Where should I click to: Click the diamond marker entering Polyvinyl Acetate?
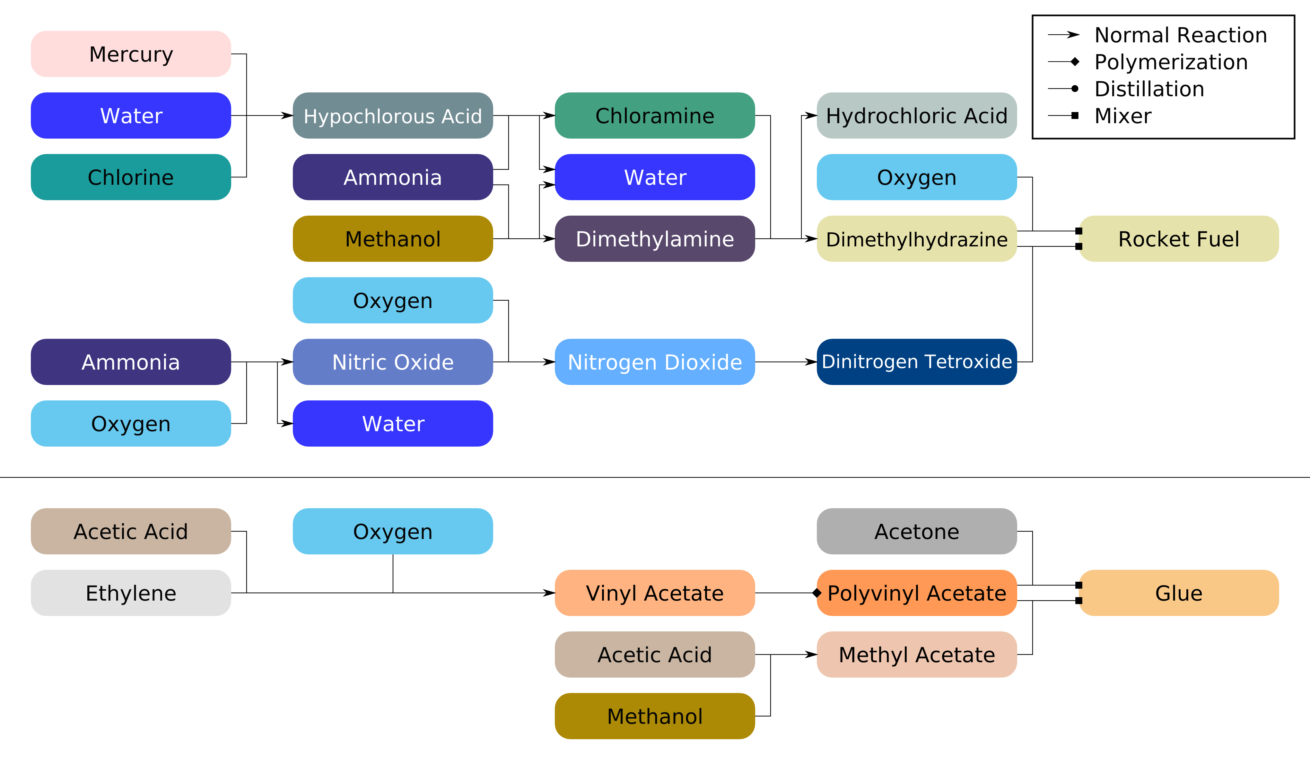(x=817, y=593)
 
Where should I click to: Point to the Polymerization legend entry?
(x=1171, y=62)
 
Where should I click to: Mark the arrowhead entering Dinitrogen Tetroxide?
(x=811, y=362)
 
